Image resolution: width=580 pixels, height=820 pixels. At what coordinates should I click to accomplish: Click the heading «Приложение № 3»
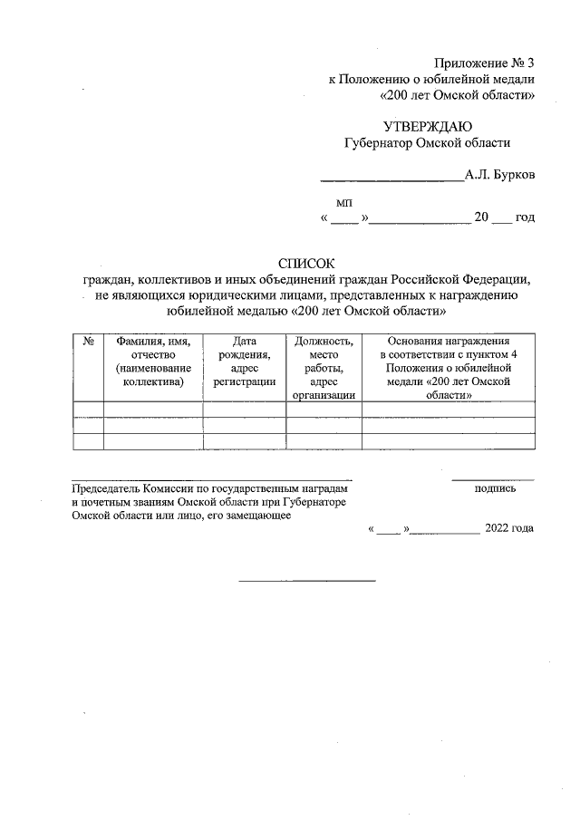[485, 63]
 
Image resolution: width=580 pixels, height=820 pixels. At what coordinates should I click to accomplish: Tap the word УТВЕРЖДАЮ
[428, 127]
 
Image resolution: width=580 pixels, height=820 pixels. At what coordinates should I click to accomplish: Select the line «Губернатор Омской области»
[428, 143]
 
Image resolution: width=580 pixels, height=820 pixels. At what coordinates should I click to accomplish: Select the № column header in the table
[89, 341]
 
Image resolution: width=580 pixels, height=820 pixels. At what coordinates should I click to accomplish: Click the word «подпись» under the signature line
[495, 488]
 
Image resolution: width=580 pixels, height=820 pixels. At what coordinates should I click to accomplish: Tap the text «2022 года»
[509, 528]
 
